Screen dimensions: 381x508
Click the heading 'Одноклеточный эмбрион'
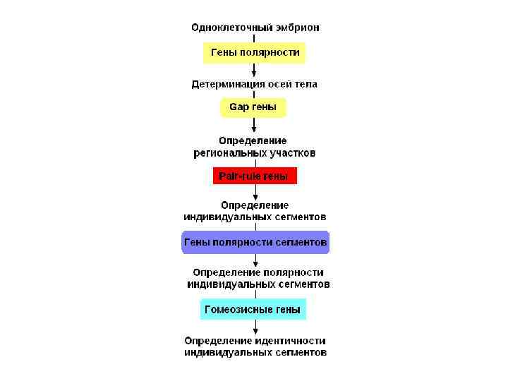coord(255,28)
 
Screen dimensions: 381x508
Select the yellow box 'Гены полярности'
coord(254,52)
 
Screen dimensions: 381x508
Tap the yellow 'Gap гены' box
coord(254,108)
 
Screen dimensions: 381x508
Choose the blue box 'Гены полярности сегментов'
coord(255,242)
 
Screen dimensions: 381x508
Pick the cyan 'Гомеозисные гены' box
coord(254,309)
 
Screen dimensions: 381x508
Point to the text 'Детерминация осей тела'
coord(255,83)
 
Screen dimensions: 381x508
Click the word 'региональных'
coord(230,152)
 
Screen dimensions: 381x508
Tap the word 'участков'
coord(293,152)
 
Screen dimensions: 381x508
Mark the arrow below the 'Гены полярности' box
coord(254,69)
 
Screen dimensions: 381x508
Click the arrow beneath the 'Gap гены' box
coord(254,125)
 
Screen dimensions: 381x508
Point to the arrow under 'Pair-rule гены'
coord(254,192)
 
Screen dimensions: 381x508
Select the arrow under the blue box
coord(254,259)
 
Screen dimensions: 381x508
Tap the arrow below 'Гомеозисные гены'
coord(254,326)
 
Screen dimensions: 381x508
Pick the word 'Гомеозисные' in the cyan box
coord(234,309)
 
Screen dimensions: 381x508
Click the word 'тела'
coord(305,83)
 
